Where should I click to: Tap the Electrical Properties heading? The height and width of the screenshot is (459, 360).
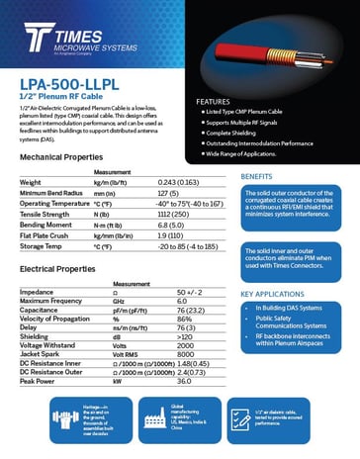pos(57,269)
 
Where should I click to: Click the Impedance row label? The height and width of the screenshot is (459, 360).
pos(37,293)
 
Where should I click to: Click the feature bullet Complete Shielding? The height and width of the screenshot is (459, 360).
pos(238,132)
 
